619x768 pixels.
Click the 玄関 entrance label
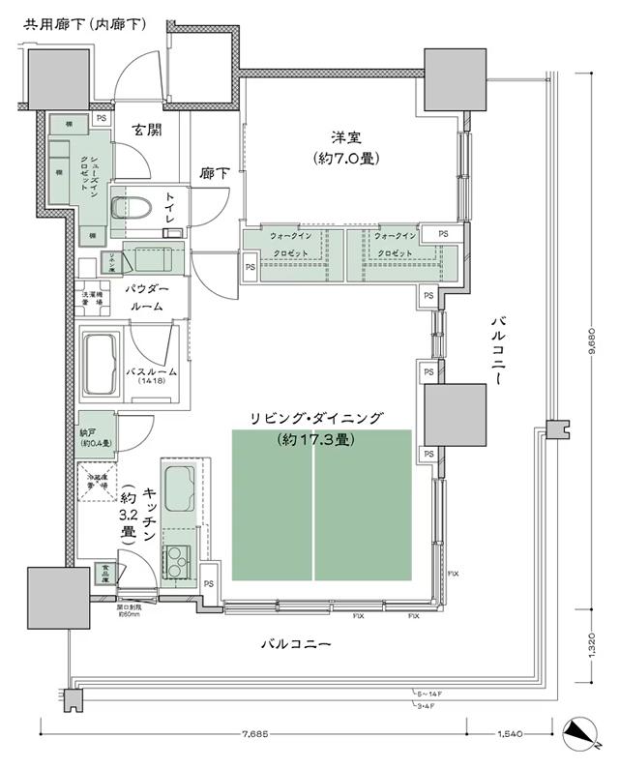point(148,131)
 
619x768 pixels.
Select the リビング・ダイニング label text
point(316,418)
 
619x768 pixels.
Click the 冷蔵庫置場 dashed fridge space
point(96,482)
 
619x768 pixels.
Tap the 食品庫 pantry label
point(102,573)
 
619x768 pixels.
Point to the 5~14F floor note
point(430,694)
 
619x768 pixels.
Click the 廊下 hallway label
point(214,173)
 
